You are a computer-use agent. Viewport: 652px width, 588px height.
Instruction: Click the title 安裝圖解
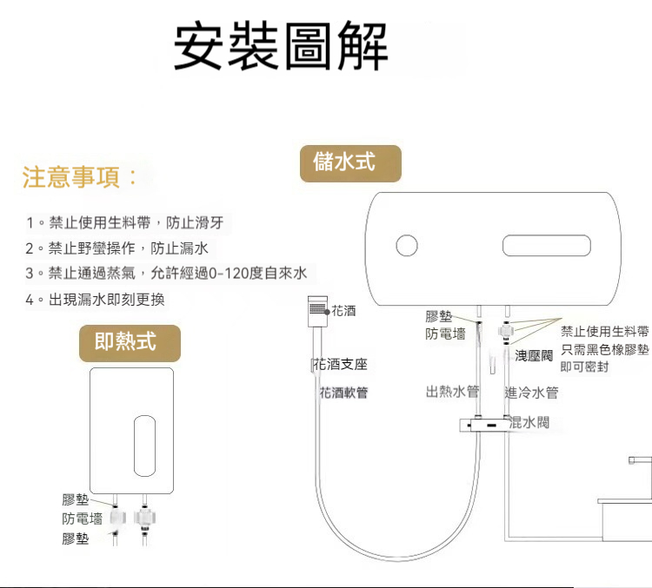[281, 47]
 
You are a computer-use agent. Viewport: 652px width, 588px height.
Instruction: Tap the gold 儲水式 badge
[350, 162]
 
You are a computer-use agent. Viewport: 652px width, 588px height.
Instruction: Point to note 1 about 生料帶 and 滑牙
[125, 223]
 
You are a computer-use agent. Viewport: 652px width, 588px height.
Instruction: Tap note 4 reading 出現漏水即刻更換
[95, 300]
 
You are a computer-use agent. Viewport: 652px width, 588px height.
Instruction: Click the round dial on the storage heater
[407, 246]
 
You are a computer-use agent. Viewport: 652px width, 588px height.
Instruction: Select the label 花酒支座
[340, 364]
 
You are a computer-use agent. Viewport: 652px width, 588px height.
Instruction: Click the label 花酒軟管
[343, 393]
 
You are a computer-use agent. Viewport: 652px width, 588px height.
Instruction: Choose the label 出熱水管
[452, 392]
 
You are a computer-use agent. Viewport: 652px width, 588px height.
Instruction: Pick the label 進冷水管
[531, 393]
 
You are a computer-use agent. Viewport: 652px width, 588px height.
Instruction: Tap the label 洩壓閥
[534, 355]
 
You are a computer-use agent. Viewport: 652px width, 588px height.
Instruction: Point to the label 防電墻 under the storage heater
[445, 334]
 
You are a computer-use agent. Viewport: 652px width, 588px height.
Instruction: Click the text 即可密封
[584, 367]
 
